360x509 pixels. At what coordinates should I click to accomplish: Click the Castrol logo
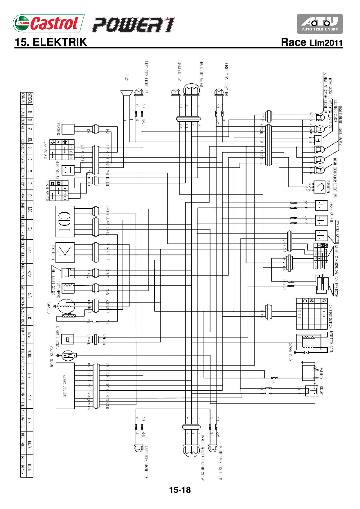48,23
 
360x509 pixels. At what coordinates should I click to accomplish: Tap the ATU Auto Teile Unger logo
320,24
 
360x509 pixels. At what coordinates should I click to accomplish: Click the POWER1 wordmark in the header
133,25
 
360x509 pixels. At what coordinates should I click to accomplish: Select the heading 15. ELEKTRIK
51,42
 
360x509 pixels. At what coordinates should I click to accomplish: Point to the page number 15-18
180,490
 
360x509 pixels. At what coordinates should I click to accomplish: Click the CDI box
65,221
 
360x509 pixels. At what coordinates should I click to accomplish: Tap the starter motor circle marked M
68,355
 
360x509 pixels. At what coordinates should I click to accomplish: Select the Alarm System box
65,386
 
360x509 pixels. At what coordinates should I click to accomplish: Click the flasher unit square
68,129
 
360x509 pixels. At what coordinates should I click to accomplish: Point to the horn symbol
127,94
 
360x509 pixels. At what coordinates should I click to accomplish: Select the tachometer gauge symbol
320,187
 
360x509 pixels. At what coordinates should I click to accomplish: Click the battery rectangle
308,372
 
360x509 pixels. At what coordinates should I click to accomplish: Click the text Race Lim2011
312,43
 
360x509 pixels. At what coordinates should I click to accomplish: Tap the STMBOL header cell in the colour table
30,99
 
